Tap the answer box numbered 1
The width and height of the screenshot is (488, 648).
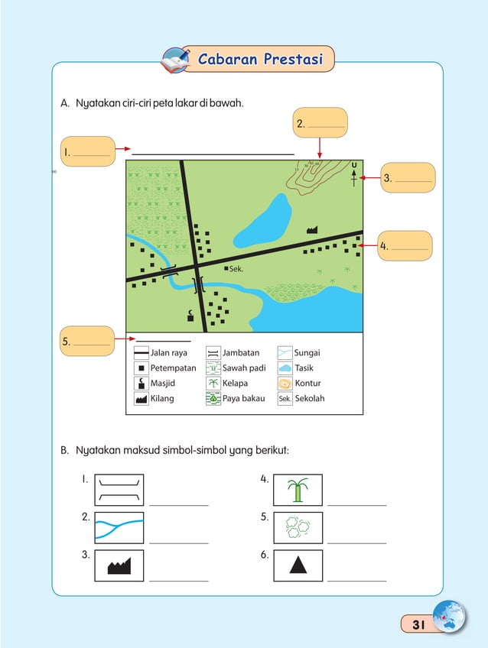tap(87, 151)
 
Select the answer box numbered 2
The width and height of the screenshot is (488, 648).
tap(320, 123)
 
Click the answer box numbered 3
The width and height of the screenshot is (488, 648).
tap(406, 178)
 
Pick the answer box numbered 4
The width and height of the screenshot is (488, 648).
tap(405, 246)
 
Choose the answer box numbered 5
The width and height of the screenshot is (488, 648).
tap(86, 341)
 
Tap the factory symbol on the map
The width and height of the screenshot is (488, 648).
tap(312, 228)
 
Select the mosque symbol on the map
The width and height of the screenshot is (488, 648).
tap(190, 315)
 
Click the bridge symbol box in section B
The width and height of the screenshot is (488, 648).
tap(119, 490)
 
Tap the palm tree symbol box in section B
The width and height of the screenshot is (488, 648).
tap(298, 490)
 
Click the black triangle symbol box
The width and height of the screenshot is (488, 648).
tap(298, 565)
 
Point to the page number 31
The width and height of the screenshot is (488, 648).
tap(418, 624)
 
